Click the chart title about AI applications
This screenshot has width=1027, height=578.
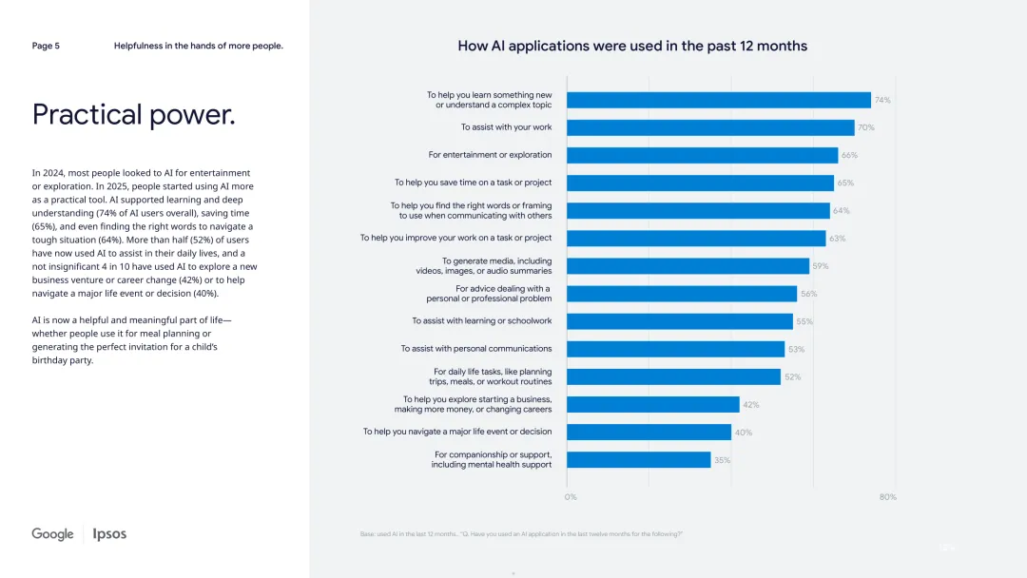tap(632, 46)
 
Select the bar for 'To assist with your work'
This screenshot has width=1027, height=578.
tap(710, 127)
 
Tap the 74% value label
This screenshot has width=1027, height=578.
tap(882, 100)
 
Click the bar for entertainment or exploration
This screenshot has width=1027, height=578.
tap(702, 155)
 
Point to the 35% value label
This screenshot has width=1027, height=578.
tap(722, 460)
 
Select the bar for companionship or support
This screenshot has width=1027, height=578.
tap(638, 460)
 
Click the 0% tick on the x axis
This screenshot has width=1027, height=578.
tap(571, 497)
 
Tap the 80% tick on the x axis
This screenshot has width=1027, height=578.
tap(887, 497)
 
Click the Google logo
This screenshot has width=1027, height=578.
tap(52, 534)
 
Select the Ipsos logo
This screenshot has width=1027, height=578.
tap(109, 534)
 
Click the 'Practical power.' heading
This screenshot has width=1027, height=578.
tap(133, 115)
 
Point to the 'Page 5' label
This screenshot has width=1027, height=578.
tap(46, 46)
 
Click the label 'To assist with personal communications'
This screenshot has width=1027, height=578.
tap(475, 349)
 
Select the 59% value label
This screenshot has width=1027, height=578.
tap(820, 266)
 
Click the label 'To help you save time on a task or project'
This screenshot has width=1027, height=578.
tap(473, 183)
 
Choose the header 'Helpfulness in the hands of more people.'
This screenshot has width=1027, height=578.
tap(198, 46)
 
